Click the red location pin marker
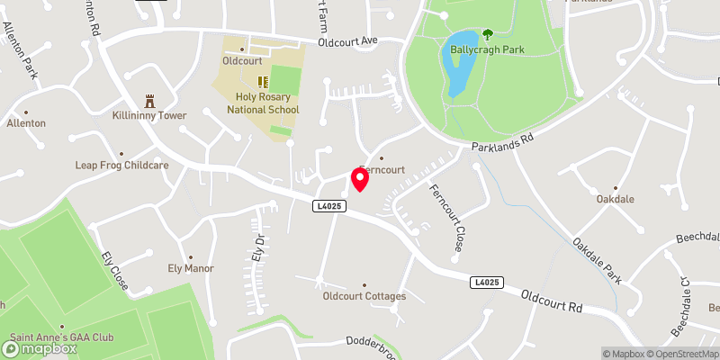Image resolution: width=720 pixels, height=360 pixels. [x=360, y=179]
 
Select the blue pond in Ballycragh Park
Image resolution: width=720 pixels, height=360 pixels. [x=457, y=68]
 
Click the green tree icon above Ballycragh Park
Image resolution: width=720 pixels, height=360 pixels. [x=487, y=35]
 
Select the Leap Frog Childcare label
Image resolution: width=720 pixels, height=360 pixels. [x=121, y=166]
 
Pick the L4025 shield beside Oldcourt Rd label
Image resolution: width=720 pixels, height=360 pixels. [x=484, y=283]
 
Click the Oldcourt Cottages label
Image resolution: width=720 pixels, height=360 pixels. [x=364, y=296]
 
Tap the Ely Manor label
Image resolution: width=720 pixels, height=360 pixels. [x=190, y=268]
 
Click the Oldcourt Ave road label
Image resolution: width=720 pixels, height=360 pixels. [x=349, y=41]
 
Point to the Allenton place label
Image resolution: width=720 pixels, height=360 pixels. [x=26, y=122]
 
